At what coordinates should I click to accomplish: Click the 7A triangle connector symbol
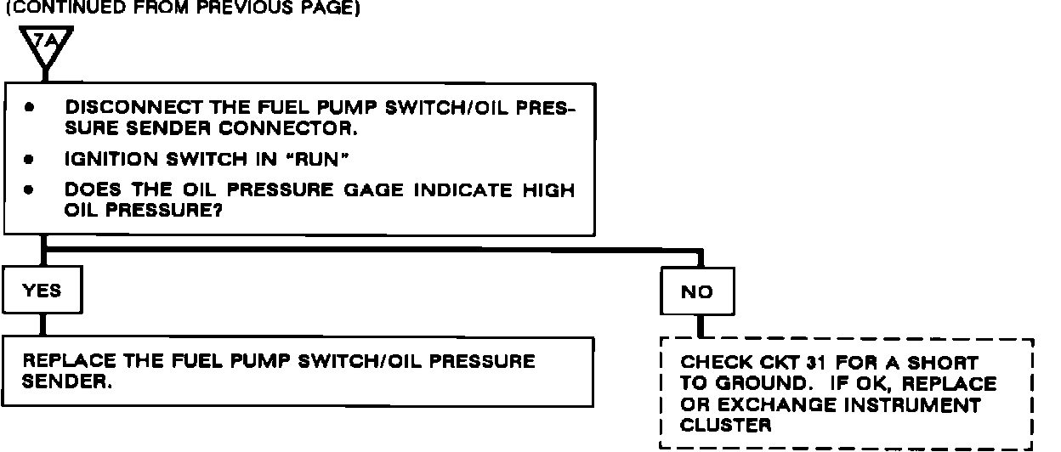tap(43, 46)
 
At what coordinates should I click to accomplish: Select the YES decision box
tap(43, 291)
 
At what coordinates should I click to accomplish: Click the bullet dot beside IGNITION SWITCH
tap(30, 159)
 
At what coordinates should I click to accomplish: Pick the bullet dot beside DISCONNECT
tap(30, 110)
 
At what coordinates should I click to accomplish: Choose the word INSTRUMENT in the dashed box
tap(920, 405)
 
